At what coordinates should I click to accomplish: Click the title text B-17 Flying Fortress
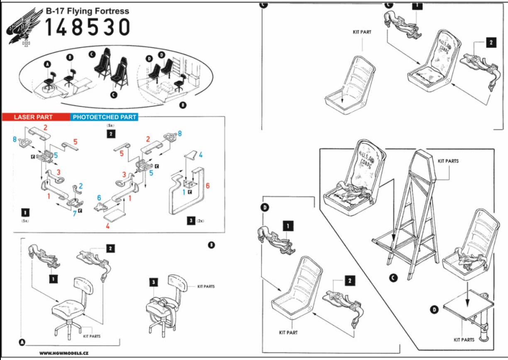(87, 11)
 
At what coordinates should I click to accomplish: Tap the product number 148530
(87, 28)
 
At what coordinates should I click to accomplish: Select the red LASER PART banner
(33, 117)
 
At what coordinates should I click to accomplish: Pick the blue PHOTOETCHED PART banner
(105, 117)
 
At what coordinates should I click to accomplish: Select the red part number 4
(107, 226)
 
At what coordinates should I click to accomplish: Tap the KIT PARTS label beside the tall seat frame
(448, 161)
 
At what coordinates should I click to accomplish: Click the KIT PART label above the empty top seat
(362, 32)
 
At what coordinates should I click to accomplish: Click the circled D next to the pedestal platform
(434, 310)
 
